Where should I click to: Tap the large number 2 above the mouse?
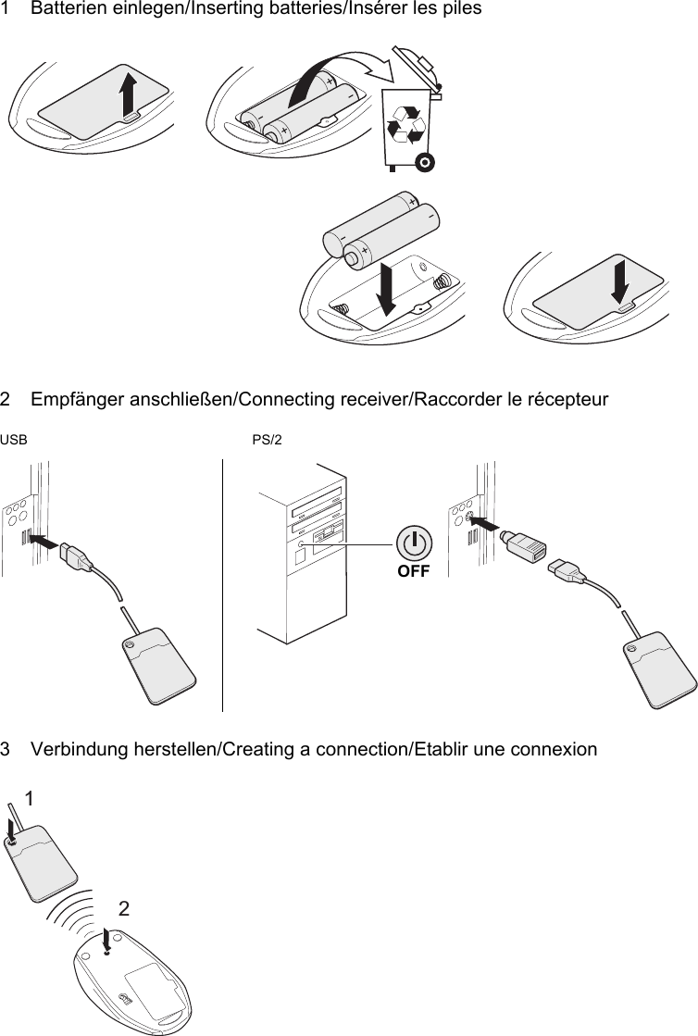(123, 909)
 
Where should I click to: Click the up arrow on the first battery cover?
(128, 93)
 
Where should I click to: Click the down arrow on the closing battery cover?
(620, 279)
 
